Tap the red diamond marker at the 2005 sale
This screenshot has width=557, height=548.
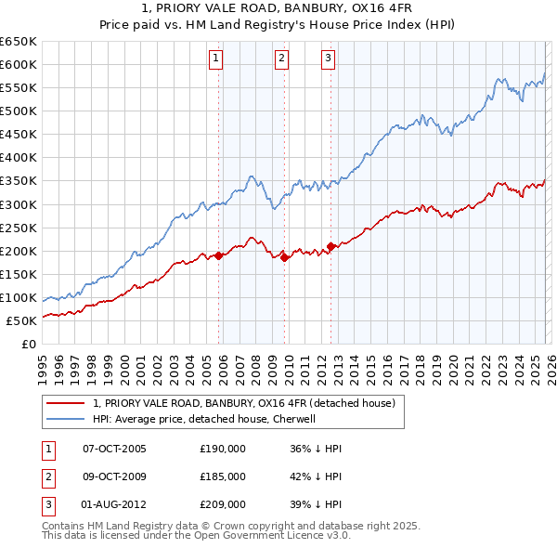point(219,255)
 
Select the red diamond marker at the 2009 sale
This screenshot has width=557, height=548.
point(285,257)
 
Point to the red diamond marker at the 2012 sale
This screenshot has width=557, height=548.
point(331,246)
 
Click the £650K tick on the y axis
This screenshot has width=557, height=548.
point(19,42)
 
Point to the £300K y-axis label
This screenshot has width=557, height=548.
point(19,204)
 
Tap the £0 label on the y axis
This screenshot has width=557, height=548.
point(28,345)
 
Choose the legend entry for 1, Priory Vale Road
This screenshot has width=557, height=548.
point(243,403)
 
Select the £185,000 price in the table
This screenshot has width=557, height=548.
point(223,476)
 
